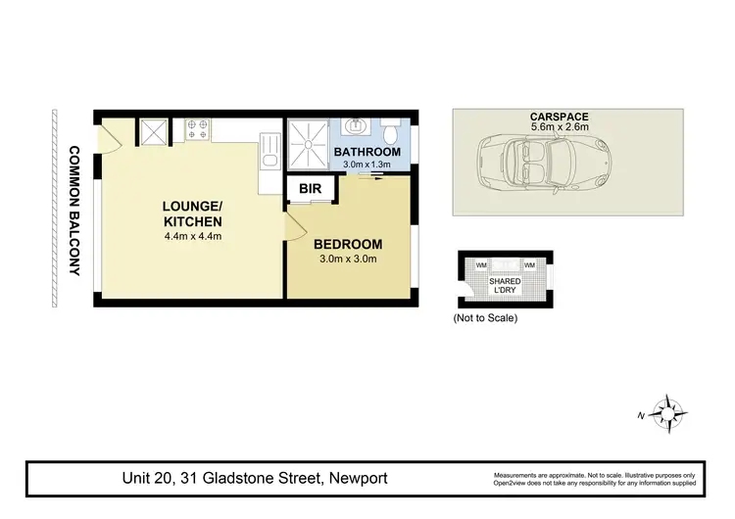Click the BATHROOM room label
(x=367, y=152)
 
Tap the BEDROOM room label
(x=347, y=244)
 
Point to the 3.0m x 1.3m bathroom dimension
(x=367, y=165)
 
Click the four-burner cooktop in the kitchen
(x=194, y=127)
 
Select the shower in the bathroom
(x=309, y=144)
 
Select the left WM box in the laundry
(x=481, y=265)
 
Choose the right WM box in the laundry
(x=528, y=265)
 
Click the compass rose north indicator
(x=666, y=412)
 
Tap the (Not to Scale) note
(x=484, y=318)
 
